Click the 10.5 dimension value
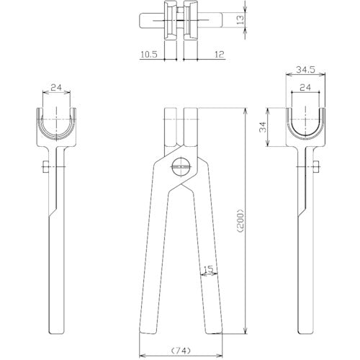(149, 55)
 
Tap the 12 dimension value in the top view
(220, 55)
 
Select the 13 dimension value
(240, 19)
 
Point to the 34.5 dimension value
(305, 70)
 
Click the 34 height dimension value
(263, 127)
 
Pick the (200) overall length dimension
(240, 221)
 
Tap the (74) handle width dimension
(181, 350)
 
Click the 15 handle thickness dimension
(208, 269)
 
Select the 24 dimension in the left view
(56, 88)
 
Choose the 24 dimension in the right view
(305, 88)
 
